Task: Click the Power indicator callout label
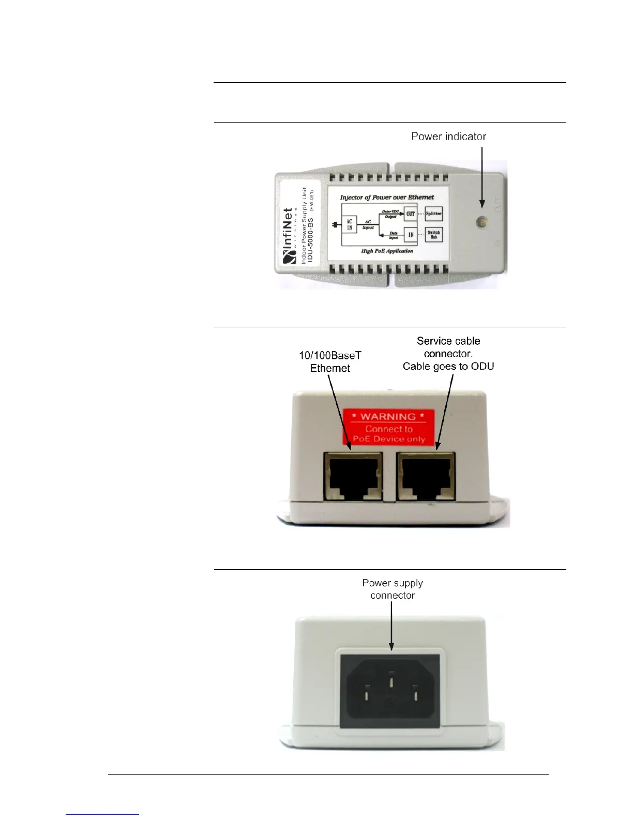448,136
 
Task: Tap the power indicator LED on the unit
481,222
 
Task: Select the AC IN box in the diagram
349,225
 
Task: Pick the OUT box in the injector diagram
411,214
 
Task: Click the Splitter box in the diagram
433,214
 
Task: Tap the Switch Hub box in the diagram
433,235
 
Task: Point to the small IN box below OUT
411,235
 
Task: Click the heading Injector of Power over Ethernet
387,197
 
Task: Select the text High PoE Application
387,251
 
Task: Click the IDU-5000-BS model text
311,240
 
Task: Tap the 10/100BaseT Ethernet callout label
330,362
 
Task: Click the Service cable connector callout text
448,354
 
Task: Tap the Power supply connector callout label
393,589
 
